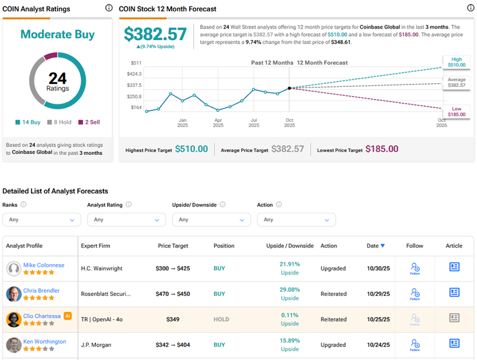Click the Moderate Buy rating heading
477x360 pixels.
click(x=57, y=34)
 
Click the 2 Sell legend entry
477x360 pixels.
click(x=89, y=122)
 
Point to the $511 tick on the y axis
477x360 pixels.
click(x=136, y=63)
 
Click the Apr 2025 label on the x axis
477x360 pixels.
click(x=218, y=122)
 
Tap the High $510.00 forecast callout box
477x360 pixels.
click(x=457, y=62)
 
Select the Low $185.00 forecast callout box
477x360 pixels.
click(x=457, y=112)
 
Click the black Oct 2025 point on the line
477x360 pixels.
click(x=289, y=88)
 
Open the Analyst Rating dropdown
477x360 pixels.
click(x=126, y=220)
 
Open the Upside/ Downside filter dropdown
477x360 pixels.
click(x=211, y=220)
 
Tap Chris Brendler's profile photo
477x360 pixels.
click(x=14, y=294)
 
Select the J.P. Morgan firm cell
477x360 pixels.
click(x=96, y=345)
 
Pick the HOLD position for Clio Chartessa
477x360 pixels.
click(x=222, y=319)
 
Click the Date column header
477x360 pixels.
click(x=375, y=246)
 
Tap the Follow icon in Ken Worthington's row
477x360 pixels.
click(x=415, y=344)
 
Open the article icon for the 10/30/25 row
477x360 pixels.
click(x=454, y=267)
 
